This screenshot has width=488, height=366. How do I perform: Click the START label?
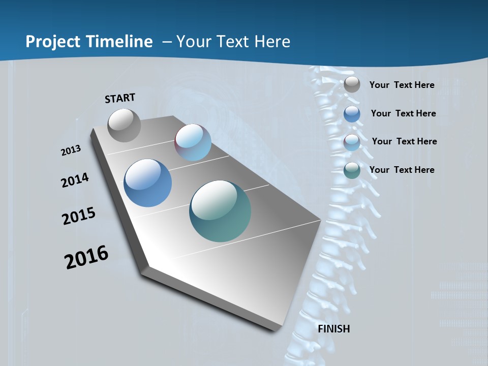click(x=120, y=98)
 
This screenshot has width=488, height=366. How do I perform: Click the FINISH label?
click(x=333, y=329)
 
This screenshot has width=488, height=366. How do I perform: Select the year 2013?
click(x=71, y=150)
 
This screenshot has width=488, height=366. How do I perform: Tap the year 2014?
click(x=75, y=180)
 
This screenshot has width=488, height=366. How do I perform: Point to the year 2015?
click(x=78, y=216)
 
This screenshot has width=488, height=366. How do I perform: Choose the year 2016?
click(x=86, y=257)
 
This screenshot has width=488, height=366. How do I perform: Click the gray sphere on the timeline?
click(x=124, y=125)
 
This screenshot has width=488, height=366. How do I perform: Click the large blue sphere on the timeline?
click(x=147, y=183)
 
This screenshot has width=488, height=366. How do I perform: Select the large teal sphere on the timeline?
click(x=220, y=211)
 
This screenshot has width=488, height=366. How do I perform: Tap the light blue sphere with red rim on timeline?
click(x=193, y=142)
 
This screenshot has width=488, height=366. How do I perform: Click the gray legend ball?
click(x=352, y=85)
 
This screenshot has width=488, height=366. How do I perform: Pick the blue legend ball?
click(x=352, y=114)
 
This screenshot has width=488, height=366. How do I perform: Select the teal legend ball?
click(x=352, y=170)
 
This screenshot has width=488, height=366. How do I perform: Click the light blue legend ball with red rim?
click(x=352, y=142)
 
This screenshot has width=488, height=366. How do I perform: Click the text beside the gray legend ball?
click(x=402, y=85)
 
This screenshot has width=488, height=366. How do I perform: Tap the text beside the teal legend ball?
click(x=402, y=170)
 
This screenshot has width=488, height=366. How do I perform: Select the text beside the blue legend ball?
click(x=403, y=113)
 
